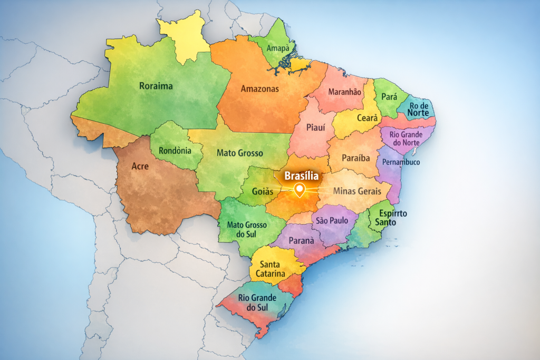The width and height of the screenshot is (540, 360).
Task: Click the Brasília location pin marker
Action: (x=300, y=190)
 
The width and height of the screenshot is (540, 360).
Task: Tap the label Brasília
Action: (x=301, y=176)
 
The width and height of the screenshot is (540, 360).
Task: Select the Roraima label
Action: (x=156, y=86)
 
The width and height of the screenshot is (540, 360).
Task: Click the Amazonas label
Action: (x=259, y=89)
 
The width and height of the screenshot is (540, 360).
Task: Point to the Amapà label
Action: (x=278, y=48)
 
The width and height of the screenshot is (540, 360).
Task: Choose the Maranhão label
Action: (x=345, y=92)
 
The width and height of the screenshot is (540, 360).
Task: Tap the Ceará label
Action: (x=368, y=118)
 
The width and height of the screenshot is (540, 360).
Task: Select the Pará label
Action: (x=389, y=97)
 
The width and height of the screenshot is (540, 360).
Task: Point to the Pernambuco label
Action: (x=401, y=162)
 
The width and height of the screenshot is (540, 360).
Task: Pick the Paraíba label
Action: (x=356, y=158)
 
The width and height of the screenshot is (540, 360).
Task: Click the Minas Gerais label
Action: (x=357, y=191)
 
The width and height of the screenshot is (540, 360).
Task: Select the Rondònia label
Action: (x=175, y=150)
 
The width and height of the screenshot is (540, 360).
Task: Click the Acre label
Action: (x=140, y=167)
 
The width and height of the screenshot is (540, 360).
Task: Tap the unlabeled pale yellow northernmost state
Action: (x=185, y=37)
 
